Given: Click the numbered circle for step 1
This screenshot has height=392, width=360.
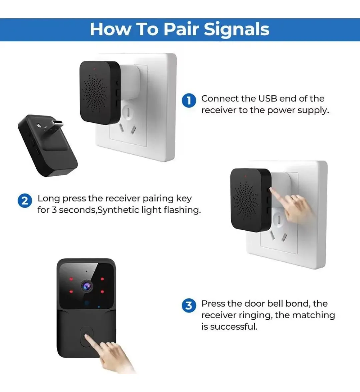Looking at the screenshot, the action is pyautogui.click(x=189, y=101).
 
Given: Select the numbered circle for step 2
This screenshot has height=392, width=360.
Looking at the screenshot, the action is pyautogui.click(x=25, y=201).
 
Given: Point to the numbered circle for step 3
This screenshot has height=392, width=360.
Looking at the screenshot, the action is pyautogui.click(x=189, y=306).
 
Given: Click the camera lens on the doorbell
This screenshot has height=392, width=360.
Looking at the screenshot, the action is pyautogui.click(x=87, y=286).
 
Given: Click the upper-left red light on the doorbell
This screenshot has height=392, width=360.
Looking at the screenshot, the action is pyautogui.click(x=71, y=279).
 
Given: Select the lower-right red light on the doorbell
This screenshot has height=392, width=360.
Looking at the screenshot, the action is pyautogui.click(x=102, y=292).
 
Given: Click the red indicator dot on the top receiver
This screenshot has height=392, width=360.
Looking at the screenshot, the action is pyautogui.click(x=94, y=68).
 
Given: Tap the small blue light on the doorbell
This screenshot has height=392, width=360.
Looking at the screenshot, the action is pyautogui.click(x=99, y=307).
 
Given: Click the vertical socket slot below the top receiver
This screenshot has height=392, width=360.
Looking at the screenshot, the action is pyautogui.click(x=128, y=113).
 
